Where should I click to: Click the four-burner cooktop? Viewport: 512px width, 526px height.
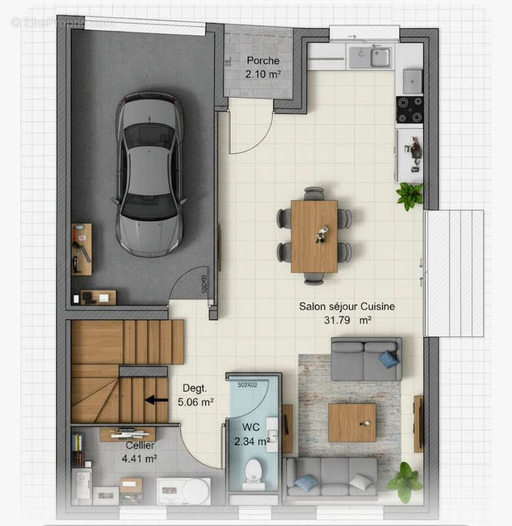(x=409, y=110)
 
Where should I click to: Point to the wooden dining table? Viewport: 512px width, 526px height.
(x=314, y=235)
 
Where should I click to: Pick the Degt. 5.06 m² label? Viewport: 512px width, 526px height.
(x=195, y=394)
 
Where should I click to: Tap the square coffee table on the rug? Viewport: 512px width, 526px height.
(x=351, y=422)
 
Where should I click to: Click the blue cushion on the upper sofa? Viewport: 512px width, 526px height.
(x=388, y=359)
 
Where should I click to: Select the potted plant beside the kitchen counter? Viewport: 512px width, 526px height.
(x=409, y=195)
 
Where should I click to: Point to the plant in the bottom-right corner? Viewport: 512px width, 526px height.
(x=405, y=482)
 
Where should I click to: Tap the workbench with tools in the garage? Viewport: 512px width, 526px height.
(x=82, y=249)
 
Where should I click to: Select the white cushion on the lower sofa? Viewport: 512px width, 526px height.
(x=360, y=482)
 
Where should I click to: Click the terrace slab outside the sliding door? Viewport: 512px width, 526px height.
(x=454, y=273)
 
